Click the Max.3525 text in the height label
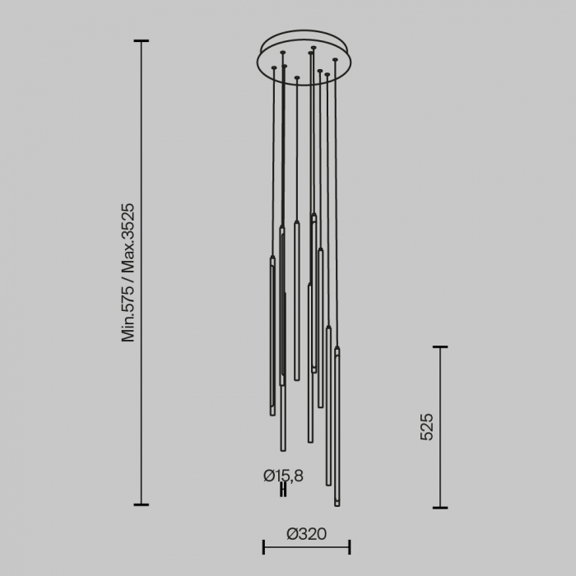pyautogui.click(x=128, y=239)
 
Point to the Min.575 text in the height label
pyautogui.click(x=128, y=314)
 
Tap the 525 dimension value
pyautogui.click(x=426, y=427)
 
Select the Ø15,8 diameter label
pyautogui.click(x=283, y=475)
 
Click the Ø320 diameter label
pyautogui.click(x=306, y=534)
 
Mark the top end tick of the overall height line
pyautogui.click(x=142, y=40)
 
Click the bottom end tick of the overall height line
pyautogui.click(x=142, y=504)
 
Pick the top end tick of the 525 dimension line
pyautogui.click(x=440, y=347)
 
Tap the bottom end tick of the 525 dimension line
pyautogui.click(x=440, y=507)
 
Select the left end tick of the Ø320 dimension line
pyautogui.click(x=263, y=546)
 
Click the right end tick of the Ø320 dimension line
pyautogui.click(x=351, y=546)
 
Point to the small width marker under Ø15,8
pyautogui.click(x=283, y=490)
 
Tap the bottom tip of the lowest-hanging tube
pyautogui.click(x=337, y=504)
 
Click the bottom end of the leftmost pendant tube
pyautogui.click(x=272, y=413)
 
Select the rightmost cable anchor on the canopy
pyautogui.click(x=335, y=60)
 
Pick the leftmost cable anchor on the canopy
pyautogui.click(x=273, y=67)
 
